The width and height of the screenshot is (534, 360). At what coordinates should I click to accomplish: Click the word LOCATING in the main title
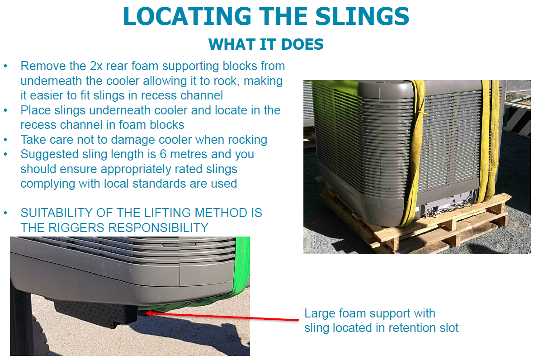point(187,16)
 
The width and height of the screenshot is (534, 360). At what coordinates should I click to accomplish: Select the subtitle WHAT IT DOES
point(266,44)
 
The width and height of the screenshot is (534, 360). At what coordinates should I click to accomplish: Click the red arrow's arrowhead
point(148,312)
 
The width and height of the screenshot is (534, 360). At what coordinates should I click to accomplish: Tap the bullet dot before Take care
point(6,140)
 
